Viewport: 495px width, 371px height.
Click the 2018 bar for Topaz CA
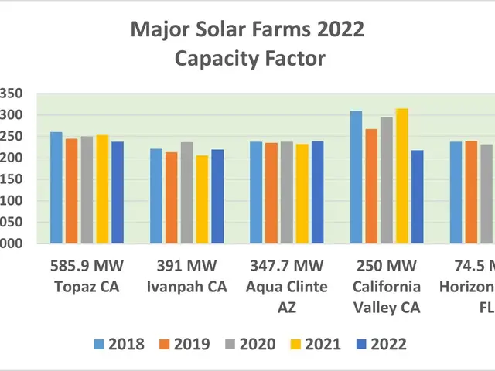coord(56,188)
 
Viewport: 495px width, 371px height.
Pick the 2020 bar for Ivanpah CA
coord(186,193)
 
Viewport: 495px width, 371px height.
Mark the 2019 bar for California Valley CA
coord(371,186)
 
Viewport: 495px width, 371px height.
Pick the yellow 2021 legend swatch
coord(296,344)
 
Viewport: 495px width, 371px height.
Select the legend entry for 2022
coord(377,344)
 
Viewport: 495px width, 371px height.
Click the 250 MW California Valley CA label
coord(386,287)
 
